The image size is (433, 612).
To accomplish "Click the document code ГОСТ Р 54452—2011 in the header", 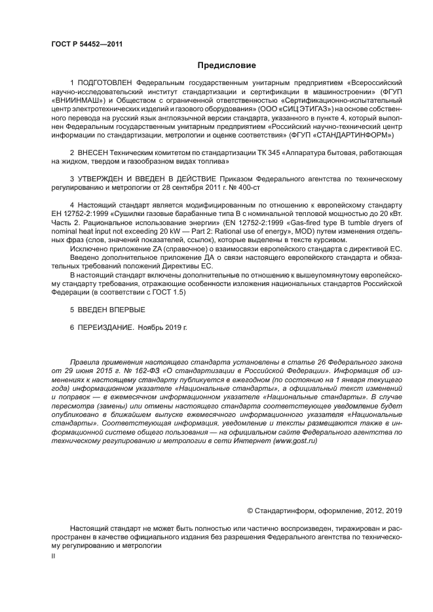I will tap(86, 45).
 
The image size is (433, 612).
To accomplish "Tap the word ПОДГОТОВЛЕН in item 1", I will tap(105, 84).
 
